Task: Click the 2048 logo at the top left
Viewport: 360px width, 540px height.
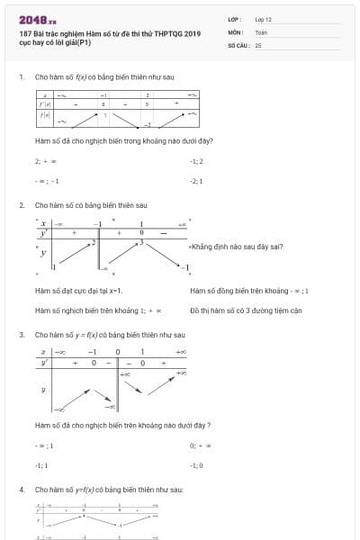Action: tap(37, 18)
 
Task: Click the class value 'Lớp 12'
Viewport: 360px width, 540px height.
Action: tap(264, 18)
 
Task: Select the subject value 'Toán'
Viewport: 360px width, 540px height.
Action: tap(261, 31)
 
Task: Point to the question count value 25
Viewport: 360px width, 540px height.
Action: tap(258, 44)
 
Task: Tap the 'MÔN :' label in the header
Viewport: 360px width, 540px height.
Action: tap(236, 31)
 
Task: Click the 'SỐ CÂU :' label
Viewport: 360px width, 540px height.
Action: tap(238, 44)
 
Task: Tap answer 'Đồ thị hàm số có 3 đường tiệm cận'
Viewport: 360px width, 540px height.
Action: tap(246, 310)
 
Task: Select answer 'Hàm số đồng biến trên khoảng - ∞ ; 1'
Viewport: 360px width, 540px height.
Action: tap(249, 291)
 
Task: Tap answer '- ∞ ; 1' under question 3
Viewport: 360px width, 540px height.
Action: tap(44, 445)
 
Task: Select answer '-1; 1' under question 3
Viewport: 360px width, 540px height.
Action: tap(41, 465)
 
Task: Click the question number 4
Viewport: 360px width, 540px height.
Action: tap(22, 489)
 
